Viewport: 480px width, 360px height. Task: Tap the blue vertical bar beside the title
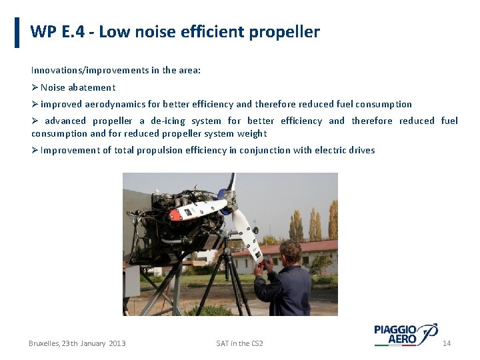[x=17, y=33]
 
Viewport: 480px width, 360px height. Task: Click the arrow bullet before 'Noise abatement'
[x=35, y=87]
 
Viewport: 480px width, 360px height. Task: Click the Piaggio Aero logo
[x=405, y=334]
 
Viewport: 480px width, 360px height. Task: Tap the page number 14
[x=447, y=343]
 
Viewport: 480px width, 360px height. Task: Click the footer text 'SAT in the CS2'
[x=239, y=343]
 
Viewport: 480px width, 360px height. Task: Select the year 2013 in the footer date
[x=117, y=343]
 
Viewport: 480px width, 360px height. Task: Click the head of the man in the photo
[x=290, y=253]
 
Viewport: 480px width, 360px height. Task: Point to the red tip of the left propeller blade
[x=174, y=217]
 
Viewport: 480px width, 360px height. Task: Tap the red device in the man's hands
[x=262, y=267]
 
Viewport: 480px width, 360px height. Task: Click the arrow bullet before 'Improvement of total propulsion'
[x=35, y=150]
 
